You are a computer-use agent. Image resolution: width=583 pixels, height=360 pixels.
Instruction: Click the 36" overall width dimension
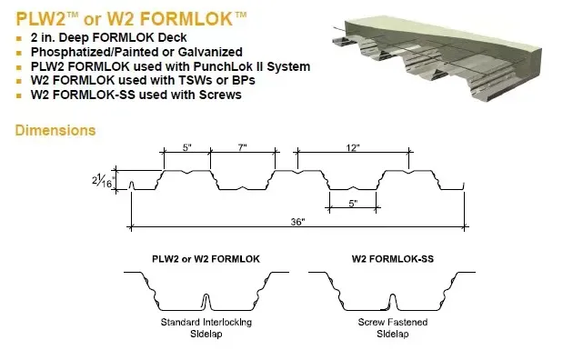297,221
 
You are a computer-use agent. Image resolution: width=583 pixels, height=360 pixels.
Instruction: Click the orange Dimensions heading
55,131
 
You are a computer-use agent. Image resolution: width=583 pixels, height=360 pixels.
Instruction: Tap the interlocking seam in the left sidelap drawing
206,300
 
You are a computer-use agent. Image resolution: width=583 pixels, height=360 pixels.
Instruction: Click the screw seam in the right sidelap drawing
392,301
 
